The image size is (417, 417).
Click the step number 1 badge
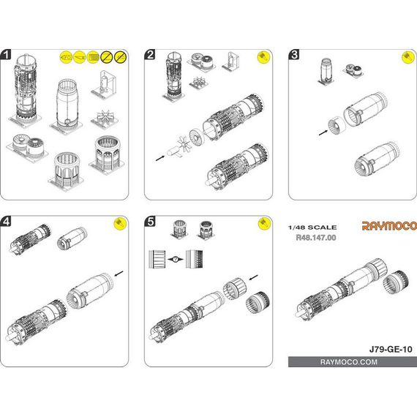tap(6, 55)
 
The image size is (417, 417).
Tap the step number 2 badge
tap(150, 55)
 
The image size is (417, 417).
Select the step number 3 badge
tap(294, 55)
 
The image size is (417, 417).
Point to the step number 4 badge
tap(6, 221)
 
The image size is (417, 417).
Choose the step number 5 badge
tap(150, 221)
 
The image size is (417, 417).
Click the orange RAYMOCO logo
tap(389, 226)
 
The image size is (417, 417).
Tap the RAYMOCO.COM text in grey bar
tap(349, 362)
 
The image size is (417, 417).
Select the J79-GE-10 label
tap(391, 349)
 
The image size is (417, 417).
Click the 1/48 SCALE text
tap(312, 228)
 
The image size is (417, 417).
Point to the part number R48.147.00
tap(316, 238)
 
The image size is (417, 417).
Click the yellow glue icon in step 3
tap(407, 58)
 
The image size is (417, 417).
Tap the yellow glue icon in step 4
tap(120, 224)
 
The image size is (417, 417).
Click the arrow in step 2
tap(159, 158)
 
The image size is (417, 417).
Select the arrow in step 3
tap(323, 132)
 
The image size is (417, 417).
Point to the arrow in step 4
tap(119, 274)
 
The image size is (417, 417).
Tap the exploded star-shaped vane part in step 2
tap(184, 144)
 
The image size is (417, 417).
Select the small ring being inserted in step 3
tap(337, 126)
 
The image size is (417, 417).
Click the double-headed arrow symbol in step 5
tap(176, 259)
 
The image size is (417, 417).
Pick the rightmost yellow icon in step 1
tap(120, 57)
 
